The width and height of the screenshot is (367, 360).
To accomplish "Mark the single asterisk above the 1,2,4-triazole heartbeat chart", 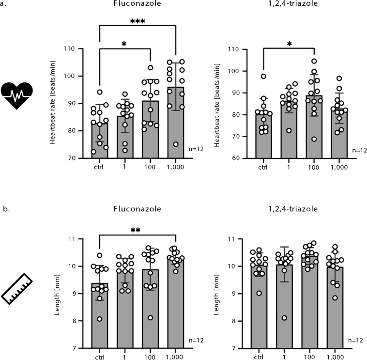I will pos(289,44).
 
